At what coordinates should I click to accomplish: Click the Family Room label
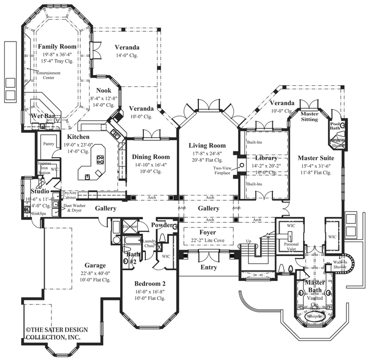[x=58, y=46]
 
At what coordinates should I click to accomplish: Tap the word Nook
[x=103, y=90]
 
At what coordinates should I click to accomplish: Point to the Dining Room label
[x=151, y=157]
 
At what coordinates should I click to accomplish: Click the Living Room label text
[x=207, y=145]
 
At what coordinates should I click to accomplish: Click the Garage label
[x=96, y=266]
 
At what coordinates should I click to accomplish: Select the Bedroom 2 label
[x=150, y=283]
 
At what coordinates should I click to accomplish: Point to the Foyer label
[x=208, y=232]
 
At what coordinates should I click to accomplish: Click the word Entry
[x=208, y=267]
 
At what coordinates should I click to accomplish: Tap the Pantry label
[x=49, y=144]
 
